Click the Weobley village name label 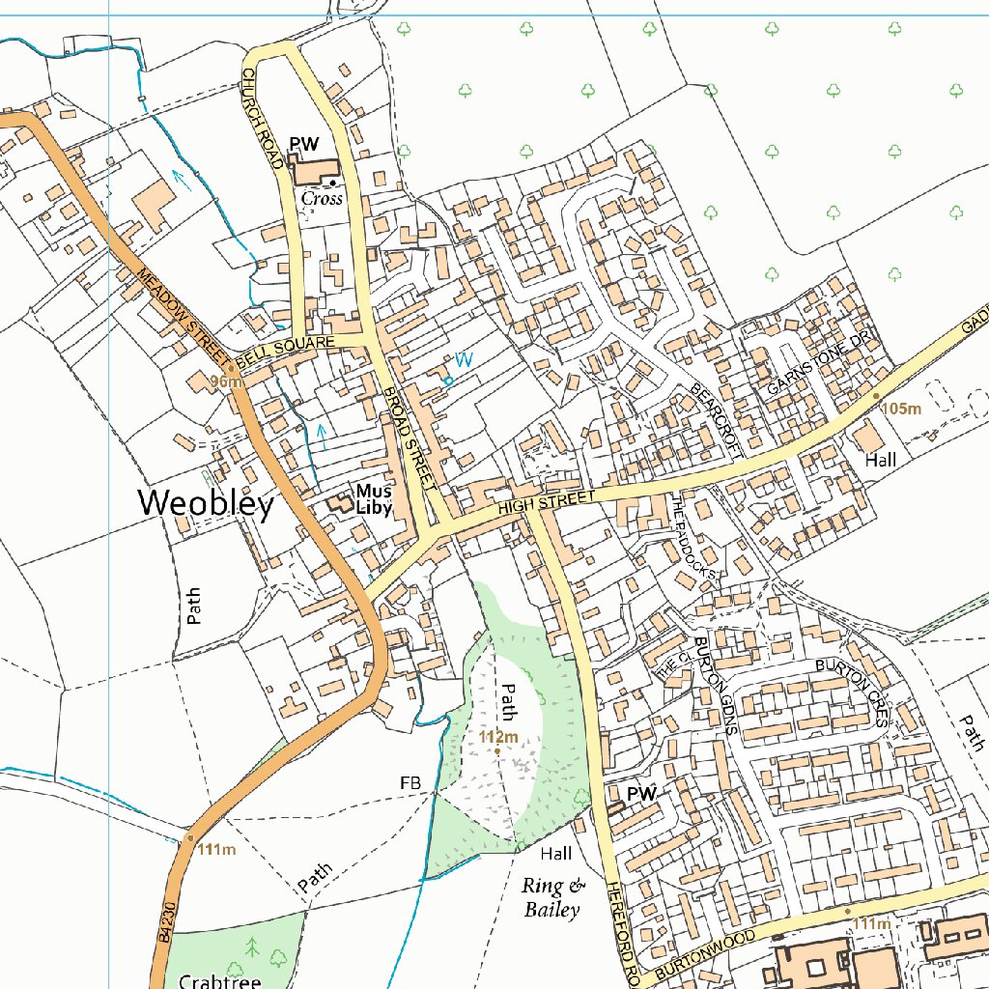206,503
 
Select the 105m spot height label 902,410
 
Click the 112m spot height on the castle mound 498,738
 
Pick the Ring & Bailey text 552,897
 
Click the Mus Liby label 373,499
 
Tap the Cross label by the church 322,198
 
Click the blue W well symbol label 464,360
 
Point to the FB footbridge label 410,782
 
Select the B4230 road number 166,921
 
